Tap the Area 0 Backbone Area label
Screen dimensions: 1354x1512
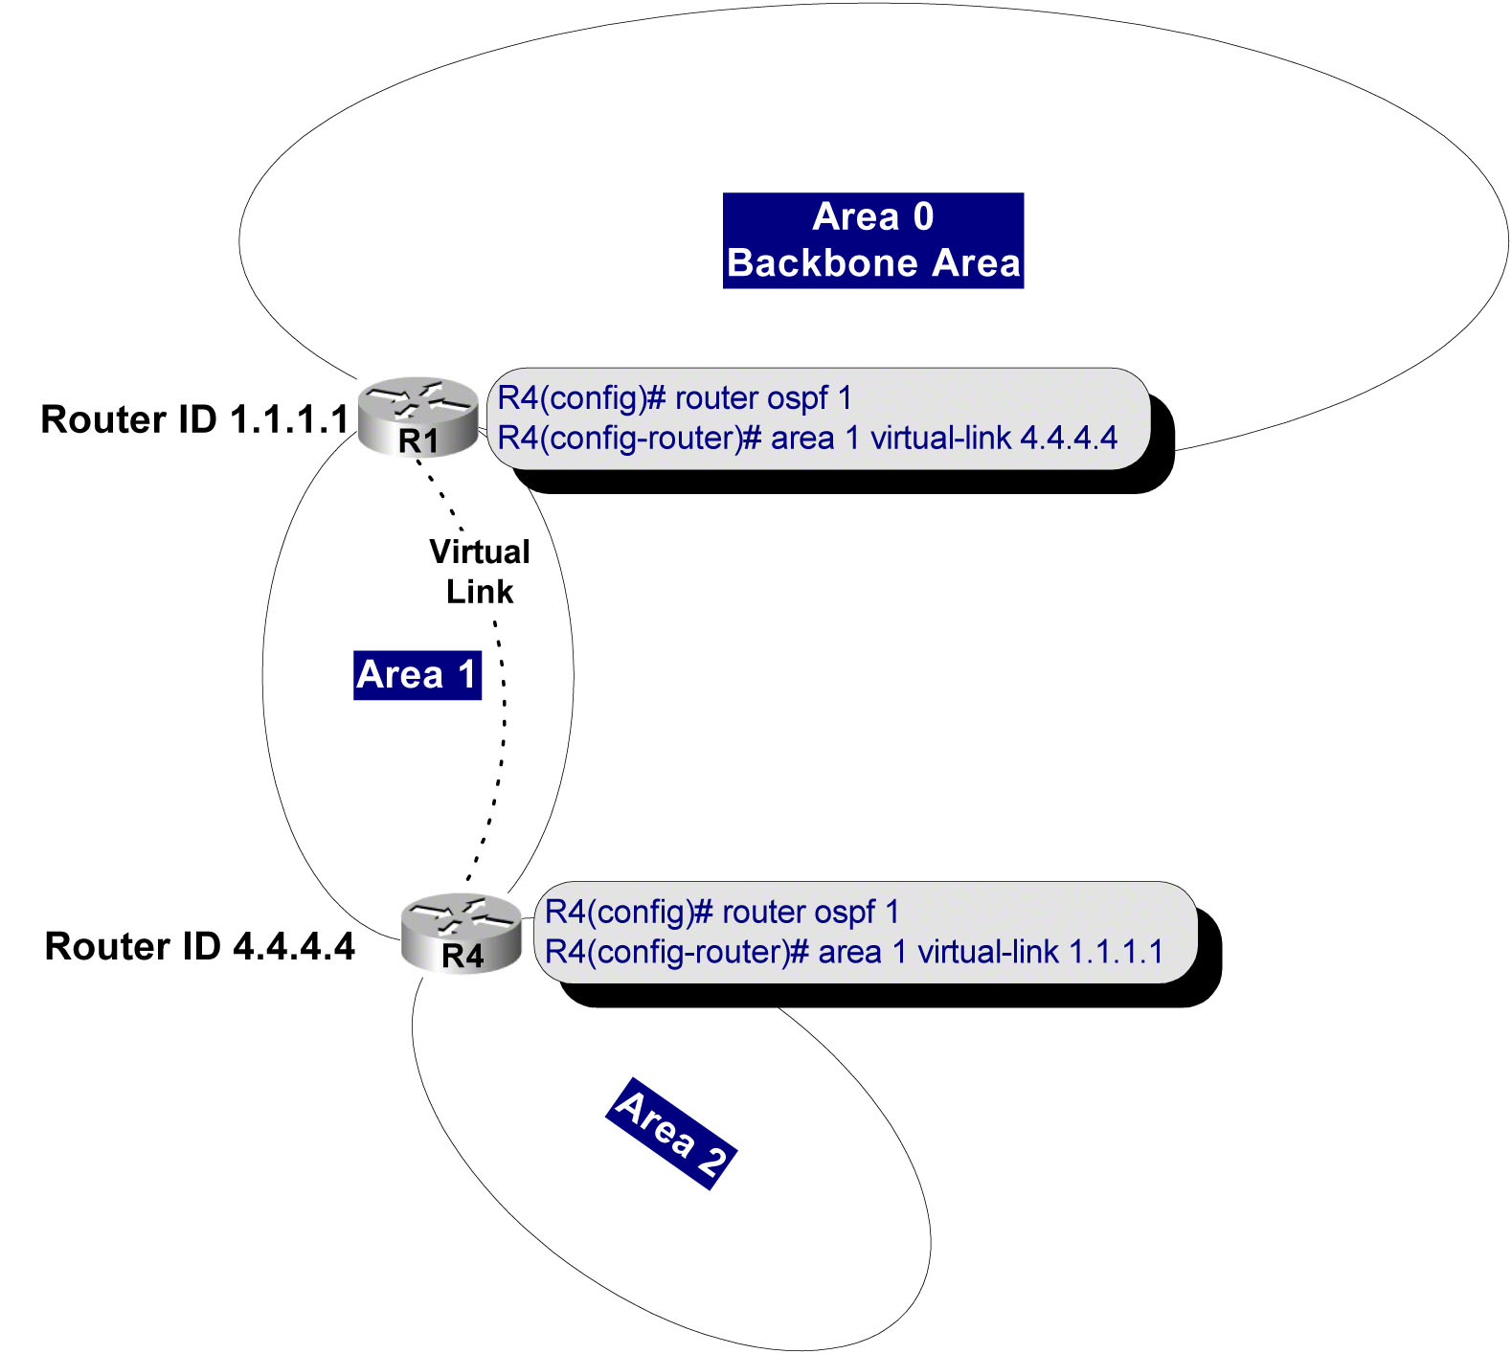tap(872, 240)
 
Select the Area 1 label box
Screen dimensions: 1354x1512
tap(417, 675)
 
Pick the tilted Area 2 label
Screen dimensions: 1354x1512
tap(671, 1134)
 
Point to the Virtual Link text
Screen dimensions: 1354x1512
tap(479, 572)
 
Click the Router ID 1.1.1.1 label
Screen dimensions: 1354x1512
tap(195, 419)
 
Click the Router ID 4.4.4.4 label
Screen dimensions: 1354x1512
tap(199, 946)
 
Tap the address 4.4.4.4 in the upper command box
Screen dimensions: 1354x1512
tap(1069, 439)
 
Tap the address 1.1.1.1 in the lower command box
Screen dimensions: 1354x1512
tap(1116, 953)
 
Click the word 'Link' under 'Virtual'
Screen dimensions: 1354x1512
tap(480, 592)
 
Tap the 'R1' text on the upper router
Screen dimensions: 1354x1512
tap(418, 441)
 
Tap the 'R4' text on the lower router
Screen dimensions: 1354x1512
tap(463, 956)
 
